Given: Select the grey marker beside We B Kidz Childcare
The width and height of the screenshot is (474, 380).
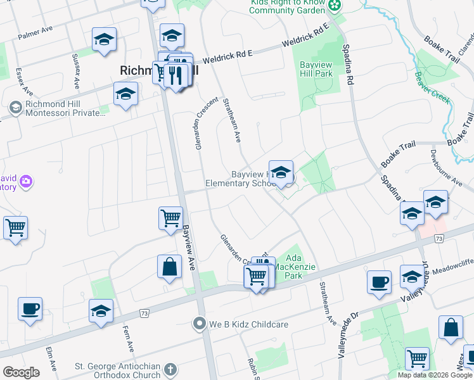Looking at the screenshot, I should point(200,324).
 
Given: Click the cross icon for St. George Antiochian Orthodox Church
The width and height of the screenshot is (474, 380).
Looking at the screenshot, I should point(170,369).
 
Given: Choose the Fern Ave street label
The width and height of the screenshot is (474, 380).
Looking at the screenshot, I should point(127,339).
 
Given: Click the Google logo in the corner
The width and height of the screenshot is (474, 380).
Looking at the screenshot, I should point(21,372).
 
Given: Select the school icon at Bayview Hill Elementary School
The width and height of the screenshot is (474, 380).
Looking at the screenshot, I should point(281,173).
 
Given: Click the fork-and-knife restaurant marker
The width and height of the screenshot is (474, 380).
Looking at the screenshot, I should point(177,75).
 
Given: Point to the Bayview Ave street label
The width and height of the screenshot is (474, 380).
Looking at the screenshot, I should point(188,247).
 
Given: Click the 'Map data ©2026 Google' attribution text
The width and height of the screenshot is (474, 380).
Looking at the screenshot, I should point(435,375).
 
